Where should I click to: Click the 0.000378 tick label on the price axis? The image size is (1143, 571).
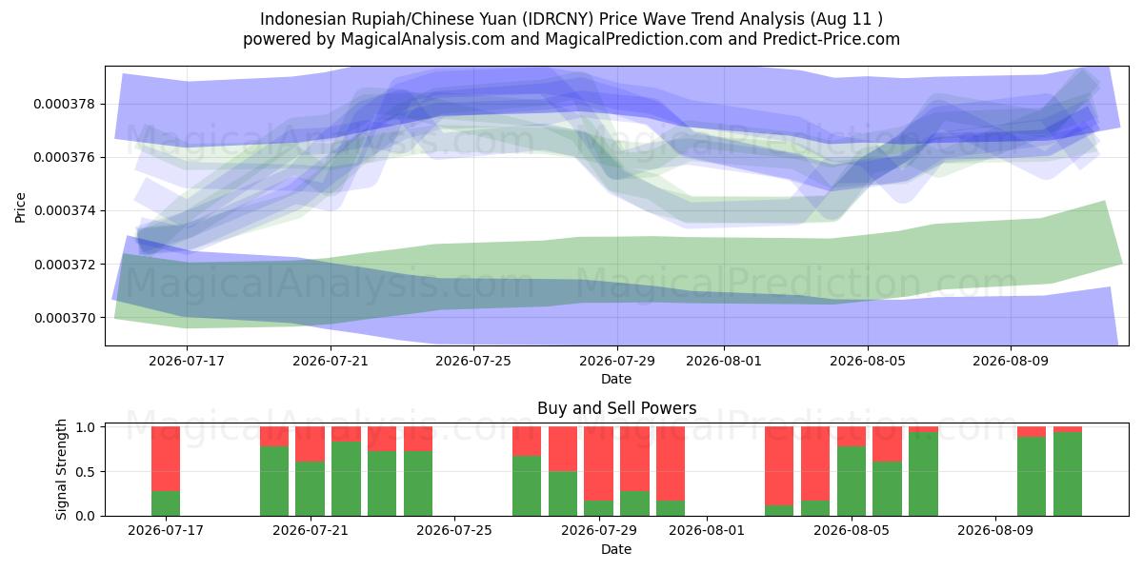(x=65, y=104)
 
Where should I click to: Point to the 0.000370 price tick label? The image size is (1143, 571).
(x=65, y=318)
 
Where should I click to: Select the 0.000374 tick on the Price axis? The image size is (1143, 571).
(x=65, y=211)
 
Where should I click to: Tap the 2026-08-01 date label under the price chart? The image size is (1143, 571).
(x=724, y=361)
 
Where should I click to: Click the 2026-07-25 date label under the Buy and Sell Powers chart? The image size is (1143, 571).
(x=454, y=530)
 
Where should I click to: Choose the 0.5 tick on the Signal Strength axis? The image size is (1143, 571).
(x=85, y=472)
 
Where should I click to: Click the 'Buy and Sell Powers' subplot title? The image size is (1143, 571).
(x=616, y=408)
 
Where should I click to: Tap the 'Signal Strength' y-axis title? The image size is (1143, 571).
(x=61, y=469)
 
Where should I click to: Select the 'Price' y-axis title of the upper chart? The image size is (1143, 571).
(x=20, y=207)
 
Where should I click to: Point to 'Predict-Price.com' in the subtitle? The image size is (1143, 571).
(x=832, y=39)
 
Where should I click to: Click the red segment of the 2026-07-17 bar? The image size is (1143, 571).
(x=166, y=459)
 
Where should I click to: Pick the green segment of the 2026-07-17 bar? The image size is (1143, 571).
(x=166, y=503)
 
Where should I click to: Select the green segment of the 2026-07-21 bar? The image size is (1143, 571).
(x=311, y=489)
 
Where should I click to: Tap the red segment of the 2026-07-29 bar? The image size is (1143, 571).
(x=599, y=464)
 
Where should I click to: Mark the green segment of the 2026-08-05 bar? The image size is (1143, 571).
(x=852, y=482)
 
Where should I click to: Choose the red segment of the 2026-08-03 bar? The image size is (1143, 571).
(x=779, y=466)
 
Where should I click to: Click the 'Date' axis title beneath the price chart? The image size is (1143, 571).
(x=616, y=379)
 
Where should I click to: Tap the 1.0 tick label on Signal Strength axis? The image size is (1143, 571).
(x=85, y=427)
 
